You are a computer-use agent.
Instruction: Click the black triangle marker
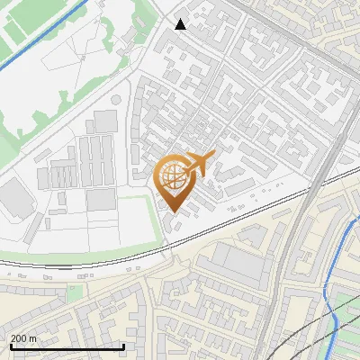point(181,24)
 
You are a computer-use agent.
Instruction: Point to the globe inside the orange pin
point(173,175)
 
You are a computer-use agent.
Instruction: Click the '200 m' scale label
point(23,337)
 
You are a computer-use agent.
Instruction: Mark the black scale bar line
point(67,346)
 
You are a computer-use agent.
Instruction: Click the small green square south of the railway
point(75,292)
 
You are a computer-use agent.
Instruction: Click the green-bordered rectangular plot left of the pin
point(121,220)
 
